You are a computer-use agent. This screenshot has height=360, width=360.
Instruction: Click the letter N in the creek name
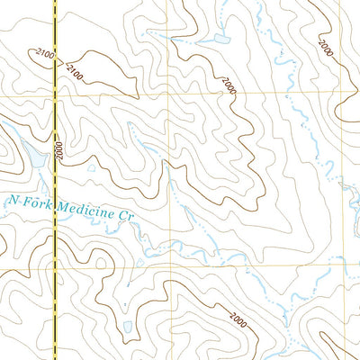[11, 202]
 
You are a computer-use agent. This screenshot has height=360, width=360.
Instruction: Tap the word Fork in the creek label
[36, 205]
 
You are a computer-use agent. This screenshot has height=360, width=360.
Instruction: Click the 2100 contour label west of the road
[46, 58]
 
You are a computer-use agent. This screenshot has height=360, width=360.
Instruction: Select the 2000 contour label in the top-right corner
[325, 46]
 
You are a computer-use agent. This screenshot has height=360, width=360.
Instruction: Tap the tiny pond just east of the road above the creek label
[91, 167]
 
